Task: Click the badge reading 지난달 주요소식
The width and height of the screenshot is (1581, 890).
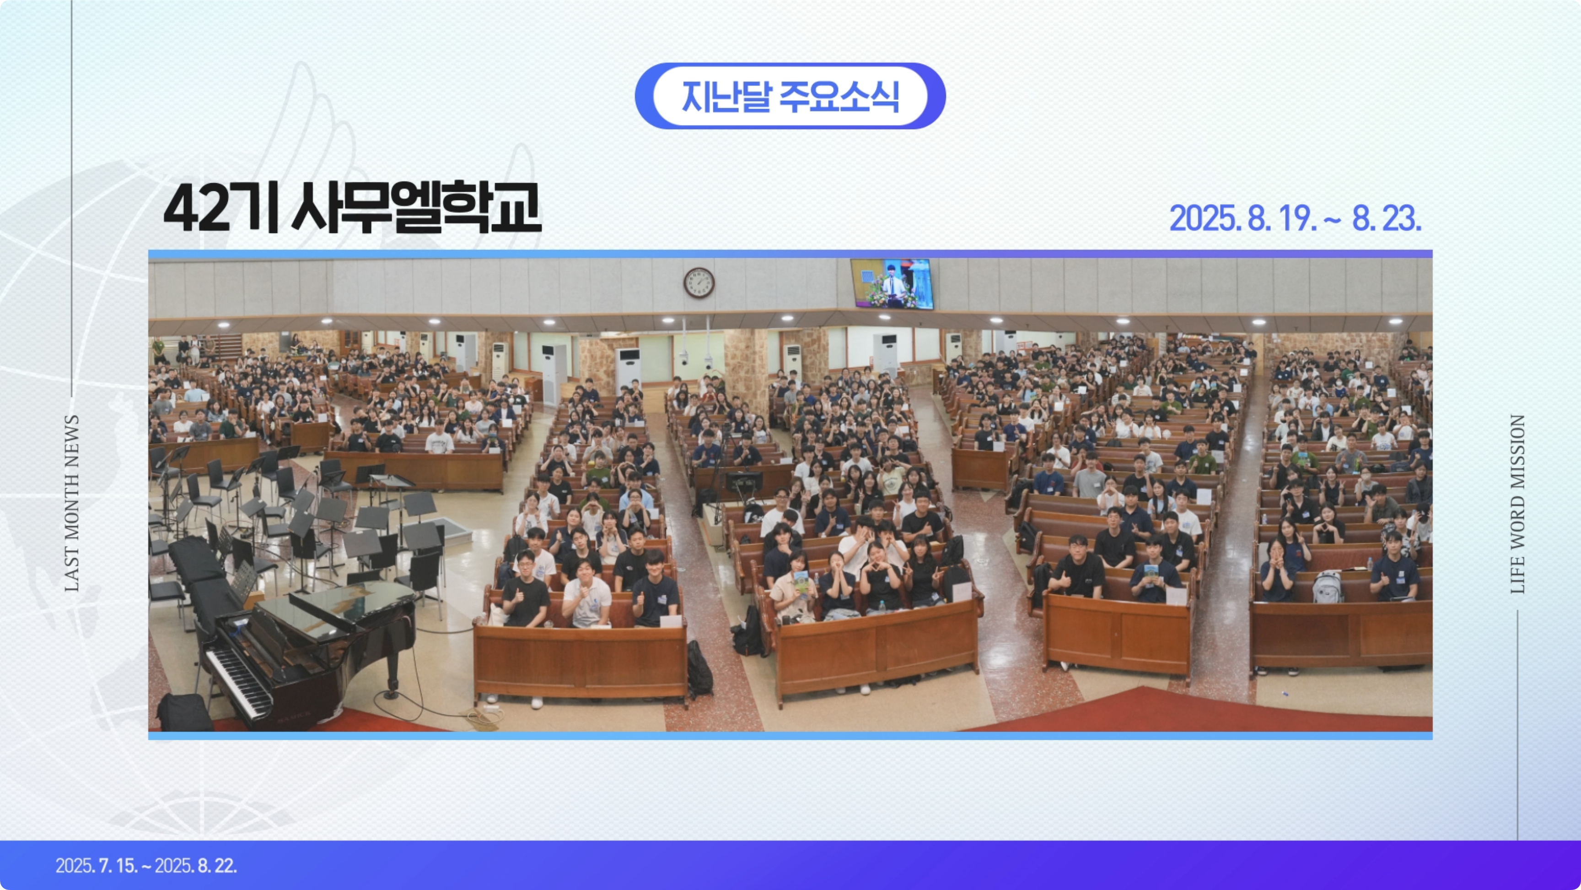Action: [x=790, y=96]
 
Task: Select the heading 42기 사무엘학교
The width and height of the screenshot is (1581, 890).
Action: [x=352, y=207]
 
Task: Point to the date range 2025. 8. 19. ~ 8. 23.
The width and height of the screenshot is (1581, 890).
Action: [x=1295, y=218]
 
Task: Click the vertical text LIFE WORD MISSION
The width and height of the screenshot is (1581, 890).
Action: [x=1517, y=504]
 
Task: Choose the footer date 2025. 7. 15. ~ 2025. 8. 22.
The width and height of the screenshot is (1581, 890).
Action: [x=146, y=865]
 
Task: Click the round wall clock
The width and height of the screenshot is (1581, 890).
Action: [x=699, y=283]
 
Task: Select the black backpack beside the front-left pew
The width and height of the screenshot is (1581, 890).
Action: [x=699, y=669]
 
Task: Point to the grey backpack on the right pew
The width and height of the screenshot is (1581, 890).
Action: [x=1327, y=587]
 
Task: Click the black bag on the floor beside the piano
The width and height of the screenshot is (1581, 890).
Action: [x=185, y=712]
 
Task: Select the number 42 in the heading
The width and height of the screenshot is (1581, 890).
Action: [x=194, y=209]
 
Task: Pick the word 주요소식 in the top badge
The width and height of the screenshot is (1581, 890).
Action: [x=839, y=97]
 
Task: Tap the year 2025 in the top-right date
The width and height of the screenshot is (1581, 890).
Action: [x=1203, y=218]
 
